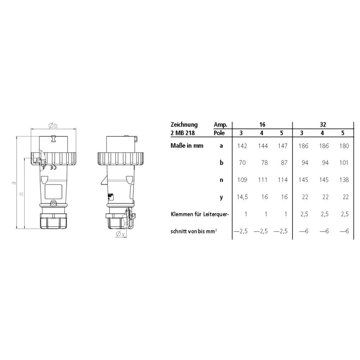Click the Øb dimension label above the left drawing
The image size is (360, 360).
(x=53, y=126)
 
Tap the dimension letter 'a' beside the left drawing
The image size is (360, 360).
(x=14, y=183)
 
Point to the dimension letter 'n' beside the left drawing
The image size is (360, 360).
(x=22, y=194)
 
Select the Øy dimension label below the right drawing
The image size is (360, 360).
(x=120, y=234)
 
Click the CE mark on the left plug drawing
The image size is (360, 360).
(x=53, y=168)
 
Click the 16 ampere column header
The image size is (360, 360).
(x=262, y=125)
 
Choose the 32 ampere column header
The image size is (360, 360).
(x=323, y=125)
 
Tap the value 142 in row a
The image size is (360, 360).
(x=242, y=146)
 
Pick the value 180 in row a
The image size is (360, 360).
(x=344, y=146)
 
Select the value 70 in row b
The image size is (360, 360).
(x=242, y=163)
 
